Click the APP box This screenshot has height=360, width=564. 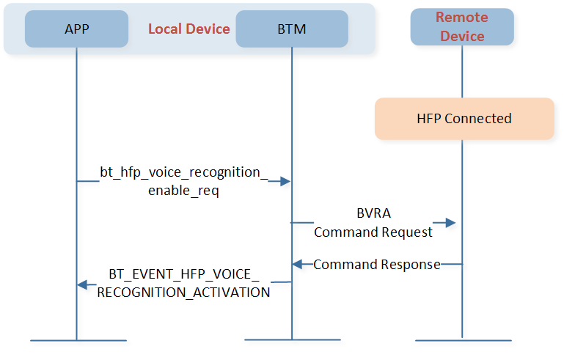[x=76, y=29]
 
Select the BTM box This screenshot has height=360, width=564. [x=292, y=29]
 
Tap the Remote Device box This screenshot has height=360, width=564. [x=462, y=27]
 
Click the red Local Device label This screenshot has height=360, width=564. [x=188, y=29]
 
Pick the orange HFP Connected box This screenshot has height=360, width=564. [x=464, y=119]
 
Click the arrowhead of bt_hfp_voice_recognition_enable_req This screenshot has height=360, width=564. [x=285, y=181]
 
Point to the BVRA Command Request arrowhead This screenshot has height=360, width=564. [x=451, y=223]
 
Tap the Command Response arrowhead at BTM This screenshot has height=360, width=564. [x=297, y=265]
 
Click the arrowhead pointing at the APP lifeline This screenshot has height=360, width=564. [x=82, y=284]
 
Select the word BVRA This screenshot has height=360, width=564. [x=374, y=213]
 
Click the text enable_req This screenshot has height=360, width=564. [x=183, y=191]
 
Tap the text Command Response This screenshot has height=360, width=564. [x=377, y=265]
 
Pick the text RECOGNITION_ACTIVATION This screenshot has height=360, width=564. [x=183, y=293]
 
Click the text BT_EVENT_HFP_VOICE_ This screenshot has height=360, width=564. [x=184, y=274]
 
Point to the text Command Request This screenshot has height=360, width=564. [x=373, y=232]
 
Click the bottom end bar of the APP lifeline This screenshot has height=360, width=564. [x=78, y=340]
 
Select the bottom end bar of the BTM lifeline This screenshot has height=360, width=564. [x=293, y=339]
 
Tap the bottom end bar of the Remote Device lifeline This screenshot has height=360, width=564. [x=464, y=340]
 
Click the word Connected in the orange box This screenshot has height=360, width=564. [x=478, y=119]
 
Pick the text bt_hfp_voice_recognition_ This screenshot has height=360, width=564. [x=184, y=172]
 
